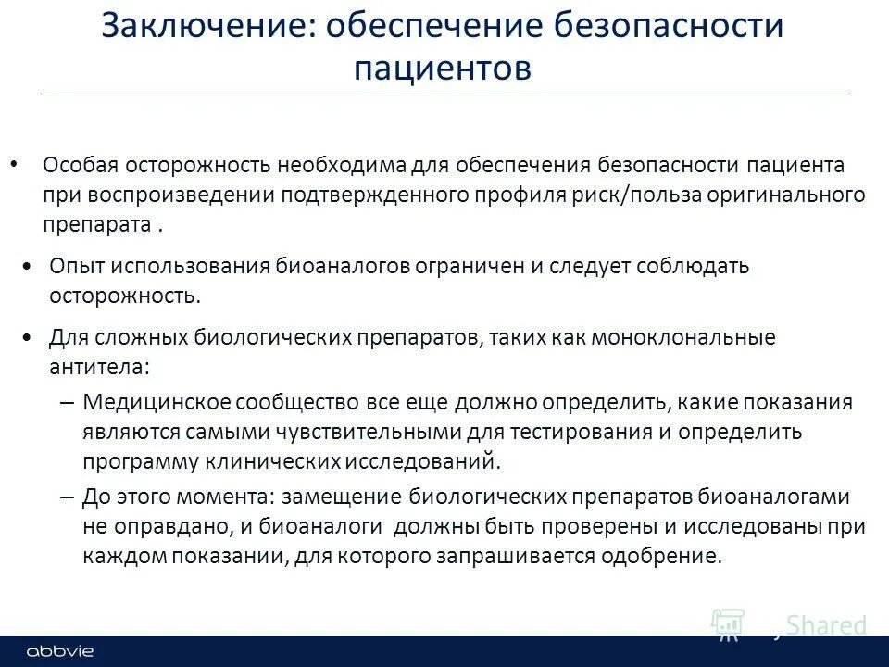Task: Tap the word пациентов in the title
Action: pyautogui.click(x=443, y=69)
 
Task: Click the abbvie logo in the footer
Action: pyautogui.click(x=60, y=651)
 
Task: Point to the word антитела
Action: pyautogui.click(x=97, y=366)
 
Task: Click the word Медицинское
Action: pyautogui.click(x=155, y=402)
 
